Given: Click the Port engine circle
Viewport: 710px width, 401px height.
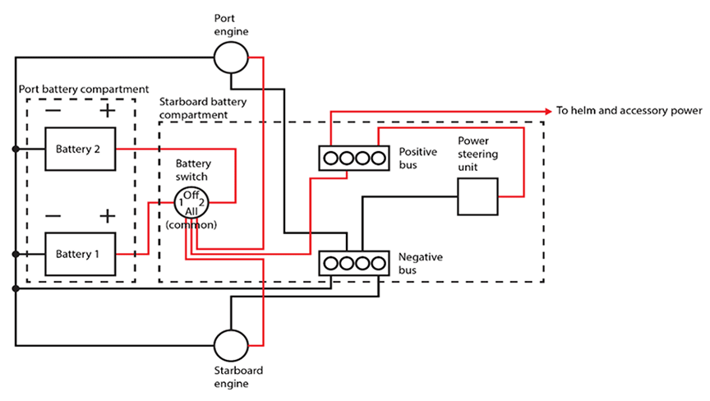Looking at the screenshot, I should pyautogui.click(x=231, y=58).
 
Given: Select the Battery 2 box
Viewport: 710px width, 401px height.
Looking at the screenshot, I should pyautogui.click(x=80, y=150).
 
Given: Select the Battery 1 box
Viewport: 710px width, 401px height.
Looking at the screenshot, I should pyautogui.click(x=80, y=254).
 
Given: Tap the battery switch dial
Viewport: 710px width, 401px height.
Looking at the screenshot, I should pyautogui.click(x=191, y=202).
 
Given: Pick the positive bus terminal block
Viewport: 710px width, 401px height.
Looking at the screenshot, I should pyautogui.click(x=353, y=156).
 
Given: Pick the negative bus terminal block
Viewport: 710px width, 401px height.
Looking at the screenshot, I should pyautogui.click(x=353, y=264).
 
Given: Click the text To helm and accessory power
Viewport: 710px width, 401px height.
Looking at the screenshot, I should pyautogui.click(x=629, y=110).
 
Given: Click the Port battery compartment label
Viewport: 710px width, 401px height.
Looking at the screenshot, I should pyautogui.click(x=83, y=88).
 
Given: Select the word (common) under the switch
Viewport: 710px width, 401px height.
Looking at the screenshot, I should pyautogui.click(x=191, y=224).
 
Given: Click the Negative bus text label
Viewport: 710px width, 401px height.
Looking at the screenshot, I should pyautogui.click(x=421, y=264).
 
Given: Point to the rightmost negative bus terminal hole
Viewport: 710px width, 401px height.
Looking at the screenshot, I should pyautogui.click(x=378, y=264).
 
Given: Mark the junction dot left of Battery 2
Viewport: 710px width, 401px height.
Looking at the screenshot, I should pyautogui.click(x=16, y=150).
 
